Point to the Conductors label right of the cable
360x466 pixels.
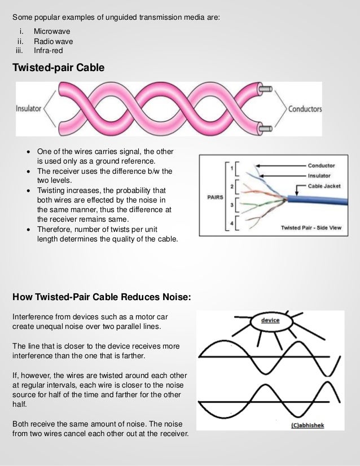pyautogui.click(x=305, y=109)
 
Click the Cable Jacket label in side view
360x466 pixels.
pyautogui.click(x=321, y=184)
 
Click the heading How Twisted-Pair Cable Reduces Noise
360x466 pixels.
pyautogui.click(x=102, y=297)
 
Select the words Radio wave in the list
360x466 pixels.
pyautogui.click(x=53, y=41)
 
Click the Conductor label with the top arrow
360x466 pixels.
pyautogui.click(x=321, y=166)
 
